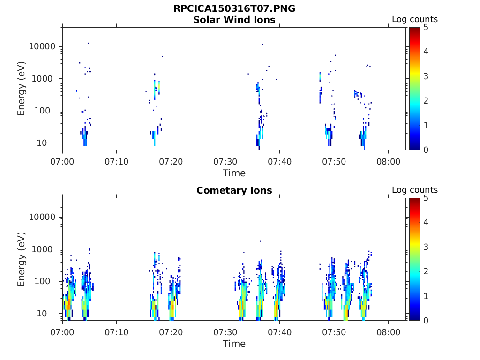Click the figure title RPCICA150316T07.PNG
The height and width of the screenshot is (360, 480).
tap(234, 8)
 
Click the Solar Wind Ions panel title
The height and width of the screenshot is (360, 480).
tap(234, 20)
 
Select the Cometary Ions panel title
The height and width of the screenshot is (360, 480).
tap(234, 190)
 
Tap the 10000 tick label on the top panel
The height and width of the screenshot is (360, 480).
tap(43, 46)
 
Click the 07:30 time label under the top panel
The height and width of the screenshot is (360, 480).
tap(225, 161)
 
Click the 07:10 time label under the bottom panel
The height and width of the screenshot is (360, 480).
tap(116, 332)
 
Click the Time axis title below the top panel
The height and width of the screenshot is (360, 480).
tap(234, 173)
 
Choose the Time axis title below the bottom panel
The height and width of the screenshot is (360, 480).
tap(234, 344)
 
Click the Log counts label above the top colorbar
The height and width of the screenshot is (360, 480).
tap(414, 19)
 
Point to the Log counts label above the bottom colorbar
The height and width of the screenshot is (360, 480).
tap(414, 190)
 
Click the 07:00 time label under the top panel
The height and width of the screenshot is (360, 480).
tap(62, 161)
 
